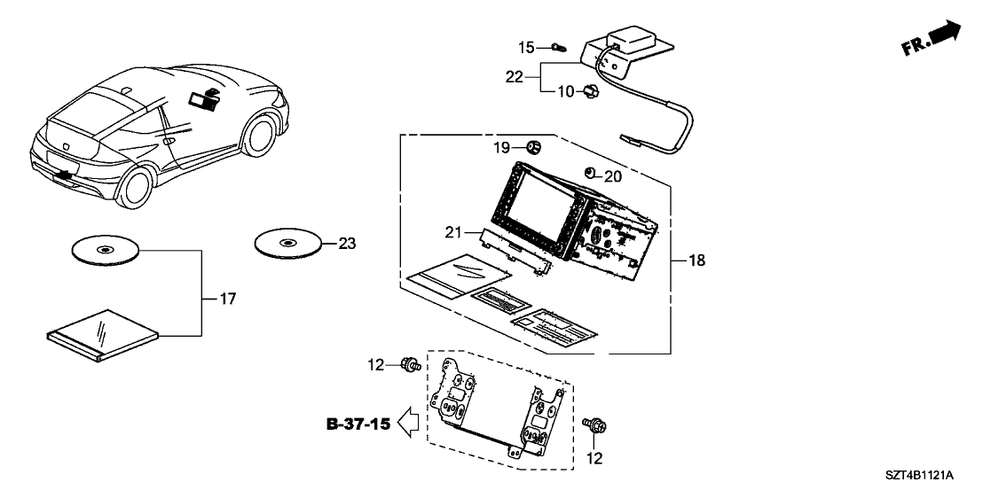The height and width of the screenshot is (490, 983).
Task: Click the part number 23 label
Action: (347, 242)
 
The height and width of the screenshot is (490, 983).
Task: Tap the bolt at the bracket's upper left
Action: (410, 363)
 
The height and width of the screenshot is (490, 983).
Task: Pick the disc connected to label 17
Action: (105, 251)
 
